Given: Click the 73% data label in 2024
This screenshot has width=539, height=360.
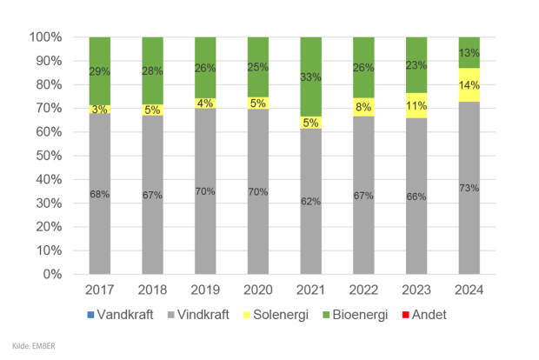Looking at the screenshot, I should click(x=469, y=187).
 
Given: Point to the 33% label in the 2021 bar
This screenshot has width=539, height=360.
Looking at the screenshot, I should click(x=311, y=77).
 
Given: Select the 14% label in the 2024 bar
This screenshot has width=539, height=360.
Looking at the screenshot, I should click(x=469, y=85).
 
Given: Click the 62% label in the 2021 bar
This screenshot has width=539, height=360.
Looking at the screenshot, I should click(x=311, y=201).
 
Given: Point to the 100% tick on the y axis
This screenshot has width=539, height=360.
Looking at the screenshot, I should click(x=45, y=37).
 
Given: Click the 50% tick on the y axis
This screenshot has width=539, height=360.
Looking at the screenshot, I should click(x=48, y=156).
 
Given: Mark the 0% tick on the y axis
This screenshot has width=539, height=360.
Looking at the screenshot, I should click(x=51, y=274).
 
